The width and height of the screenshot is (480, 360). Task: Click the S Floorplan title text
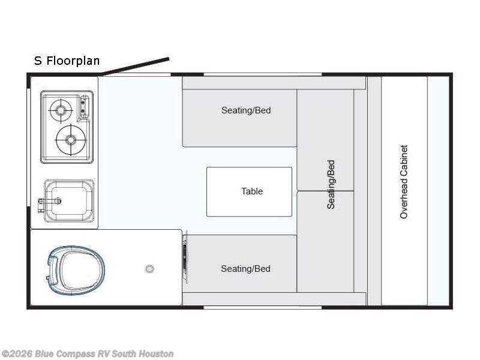(67, 61)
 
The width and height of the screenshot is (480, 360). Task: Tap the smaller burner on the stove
(61, 110)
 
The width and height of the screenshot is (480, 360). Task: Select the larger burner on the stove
(71, 140)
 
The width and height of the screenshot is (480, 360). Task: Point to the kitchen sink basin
(69, 201)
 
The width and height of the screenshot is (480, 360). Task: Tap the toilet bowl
(76, 270)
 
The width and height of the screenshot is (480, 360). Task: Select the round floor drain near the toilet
(149, 269)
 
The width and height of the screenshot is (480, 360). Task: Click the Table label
(252, 191)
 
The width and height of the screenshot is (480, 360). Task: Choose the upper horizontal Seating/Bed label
(246, 110)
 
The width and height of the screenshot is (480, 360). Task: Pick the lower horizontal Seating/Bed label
(246, 269)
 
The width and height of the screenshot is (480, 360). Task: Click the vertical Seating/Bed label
(331, 185)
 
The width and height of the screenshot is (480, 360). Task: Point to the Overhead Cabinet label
(404, 182)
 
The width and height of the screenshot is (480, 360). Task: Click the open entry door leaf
(134, 66)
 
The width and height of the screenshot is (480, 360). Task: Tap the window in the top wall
(263, 74)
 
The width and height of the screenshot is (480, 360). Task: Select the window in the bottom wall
(263, 307)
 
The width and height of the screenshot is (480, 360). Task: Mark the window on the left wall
(28, 147)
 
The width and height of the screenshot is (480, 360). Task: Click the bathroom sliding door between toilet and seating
(185, 255)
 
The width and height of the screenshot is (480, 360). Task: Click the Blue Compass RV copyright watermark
(87, 354)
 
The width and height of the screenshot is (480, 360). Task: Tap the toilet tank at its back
(52, 270)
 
